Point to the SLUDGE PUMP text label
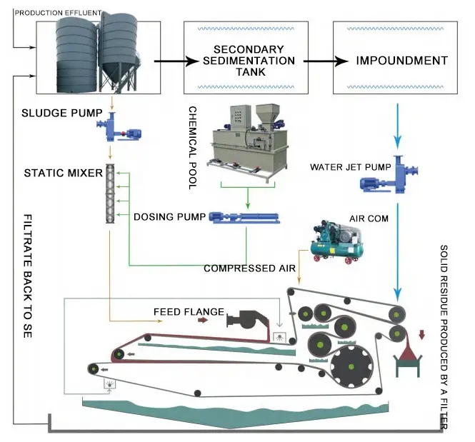point(54,114)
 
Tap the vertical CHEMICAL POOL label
point(192,147)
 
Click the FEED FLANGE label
point(189,312)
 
